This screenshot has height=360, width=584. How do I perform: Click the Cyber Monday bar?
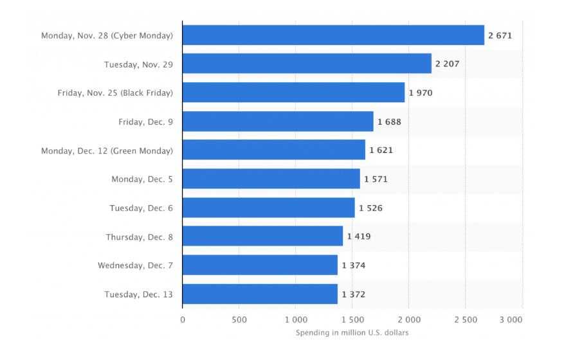click(x=333, y=35)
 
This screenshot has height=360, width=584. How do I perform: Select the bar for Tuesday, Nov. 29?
click(x=307, y=64)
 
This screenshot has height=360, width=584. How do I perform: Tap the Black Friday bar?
click(x=293, y=93)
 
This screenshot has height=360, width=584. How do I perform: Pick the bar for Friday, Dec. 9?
click(x=278, y=122)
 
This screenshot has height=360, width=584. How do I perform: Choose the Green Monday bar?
click(x=273, y=150)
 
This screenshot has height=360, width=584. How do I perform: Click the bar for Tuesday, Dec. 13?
click(x=260, y=294)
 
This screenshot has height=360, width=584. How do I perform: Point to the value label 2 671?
click(x=500, y=35)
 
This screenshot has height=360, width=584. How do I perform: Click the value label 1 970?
click(x=421, y=93)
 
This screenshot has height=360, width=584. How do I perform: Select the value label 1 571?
click(x=376, y=179)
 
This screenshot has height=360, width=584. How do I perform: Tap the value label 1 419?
click(x=359, y=237)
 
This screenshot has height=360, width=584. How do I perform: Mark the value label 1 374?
click(x=354, y=265)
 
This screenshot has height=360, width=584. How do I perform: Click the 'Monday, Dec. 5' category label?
click(x=142, y=179)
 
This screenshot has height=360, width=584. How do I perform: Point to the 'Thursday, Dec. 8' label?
click(x=139, y=237)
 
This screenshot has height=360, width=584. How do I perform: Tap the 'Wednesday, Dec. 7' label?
click(x=135, y=265)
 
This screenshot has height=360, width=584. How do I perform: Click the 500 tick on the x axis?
click(x=239, y=319)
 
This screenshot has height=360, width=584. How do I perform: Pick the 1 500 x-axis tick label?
click(x=352, y=319)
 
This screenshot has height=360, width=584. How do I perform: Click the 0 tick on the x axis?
click(x=183, y=319)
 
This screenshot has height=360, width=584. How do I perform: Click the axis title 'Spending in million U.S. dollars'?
click(x=352, y=332)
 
